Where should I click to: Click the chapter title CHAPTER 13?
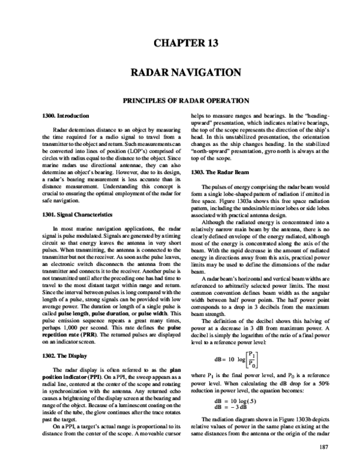tap(179, 43)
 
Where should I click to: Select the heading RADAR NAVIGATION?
tap(179, 73)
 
